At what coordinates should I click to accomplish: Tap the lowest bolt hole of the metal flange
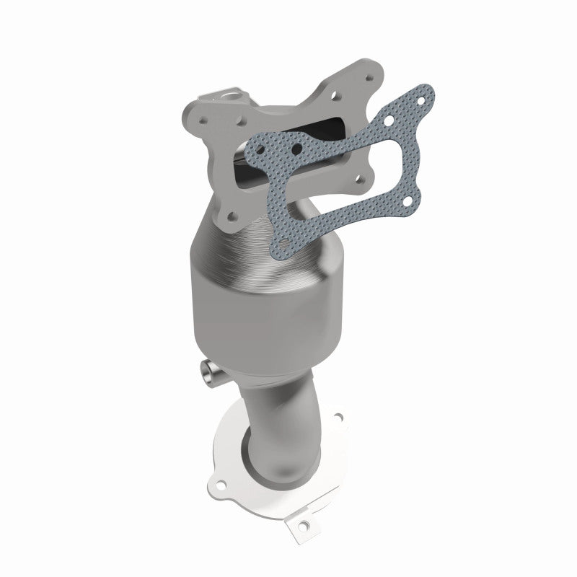232,214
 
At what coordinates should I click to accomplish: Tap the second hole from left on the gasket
295,148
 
